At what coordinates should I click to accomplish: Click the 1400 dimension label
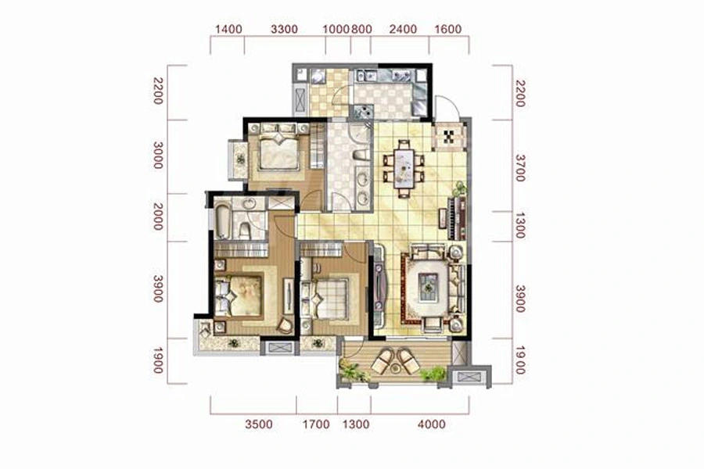[228, 30]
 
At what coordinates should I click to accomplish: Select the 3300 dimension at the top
[284, 30]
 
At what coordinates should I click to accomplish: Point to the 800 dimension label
[361, 30]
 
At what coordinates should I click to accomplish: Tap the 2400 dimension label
[403, 30]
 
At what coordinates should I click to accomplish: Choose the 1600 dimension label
[448, 30]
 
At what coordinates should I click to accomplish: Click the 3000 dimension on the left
[157, 155]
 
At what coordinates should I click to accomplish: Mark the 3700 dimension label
[520, 168]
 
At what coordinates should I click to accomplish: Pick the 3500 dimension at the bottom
[259, 424]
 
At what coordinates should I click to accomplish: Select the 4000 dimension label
[432, 424]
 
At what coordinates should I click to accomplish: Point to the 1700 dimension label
[316, 424]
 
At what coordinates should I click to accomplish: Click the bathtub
[223, 222]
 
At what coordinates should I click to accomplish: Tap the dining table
[404, 168]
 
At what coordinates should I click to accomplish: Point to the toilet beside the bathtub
[245, 231]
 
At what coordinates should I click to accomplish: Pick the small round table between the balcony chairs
[395, 369]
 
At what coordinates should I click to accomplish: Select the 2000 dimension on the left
[157, 217]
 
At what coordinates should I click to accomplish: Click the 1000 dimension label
[336, 30]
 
